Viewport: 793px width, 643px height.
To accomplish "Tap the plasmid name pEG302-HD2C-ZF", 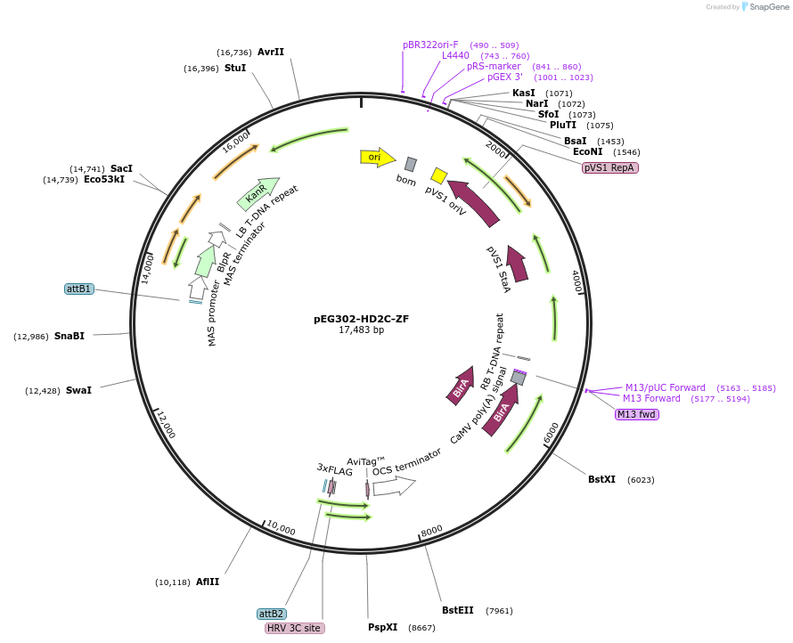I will pos(361,318).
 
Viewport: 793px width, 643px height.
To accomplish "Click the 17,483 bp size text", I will pos(361,330).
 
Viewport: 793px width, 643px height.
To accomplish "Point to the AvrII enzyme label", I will pos(270,52).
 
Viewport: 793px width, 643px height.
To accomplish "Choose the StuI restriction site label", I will pos(235,68).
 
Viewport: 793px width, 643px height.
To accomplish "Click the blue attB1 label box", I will pos(79,289).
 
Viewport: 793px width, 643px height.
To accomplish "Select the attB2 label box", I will pos(271,614).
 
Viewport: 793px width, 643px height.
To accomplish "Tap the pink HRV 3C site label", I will pos(295,628).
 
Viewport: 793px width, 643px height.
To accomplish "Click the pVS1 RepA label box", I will pos(610,167).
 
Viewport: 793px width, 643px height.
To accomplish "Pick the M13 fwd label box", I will pos(636,414).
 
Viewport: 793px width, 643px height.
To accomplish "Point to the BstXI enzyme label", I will pos(601,479).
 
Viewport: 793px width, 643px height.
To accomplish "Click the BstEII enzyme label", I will pos(459,610).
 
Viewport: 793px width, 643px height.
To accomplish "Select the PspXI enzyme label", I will pos(382,627).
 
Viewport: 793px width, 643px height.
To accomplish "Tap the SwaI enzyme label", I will pos(78,390).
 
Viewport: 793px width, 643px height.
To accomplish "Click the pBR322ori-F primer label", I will pos(430,45).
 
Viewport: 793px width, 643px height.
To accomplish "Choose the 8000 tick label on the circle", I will pos(432,531).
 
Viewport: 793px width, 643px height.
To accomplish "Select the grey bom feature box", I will pos(410,164).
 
